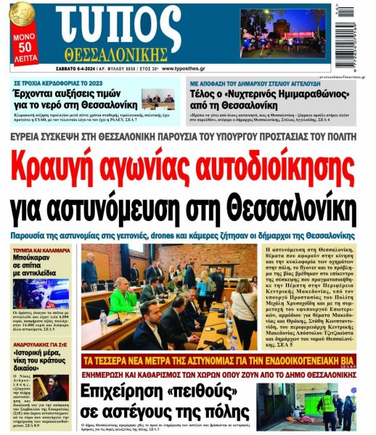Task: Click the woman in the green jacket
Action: (x=122, y=295)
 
